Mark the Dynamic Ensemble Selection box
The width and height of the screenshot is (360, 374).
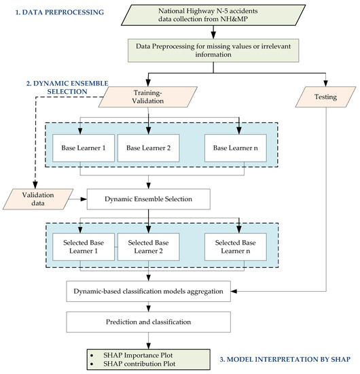tap(147, 199)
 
